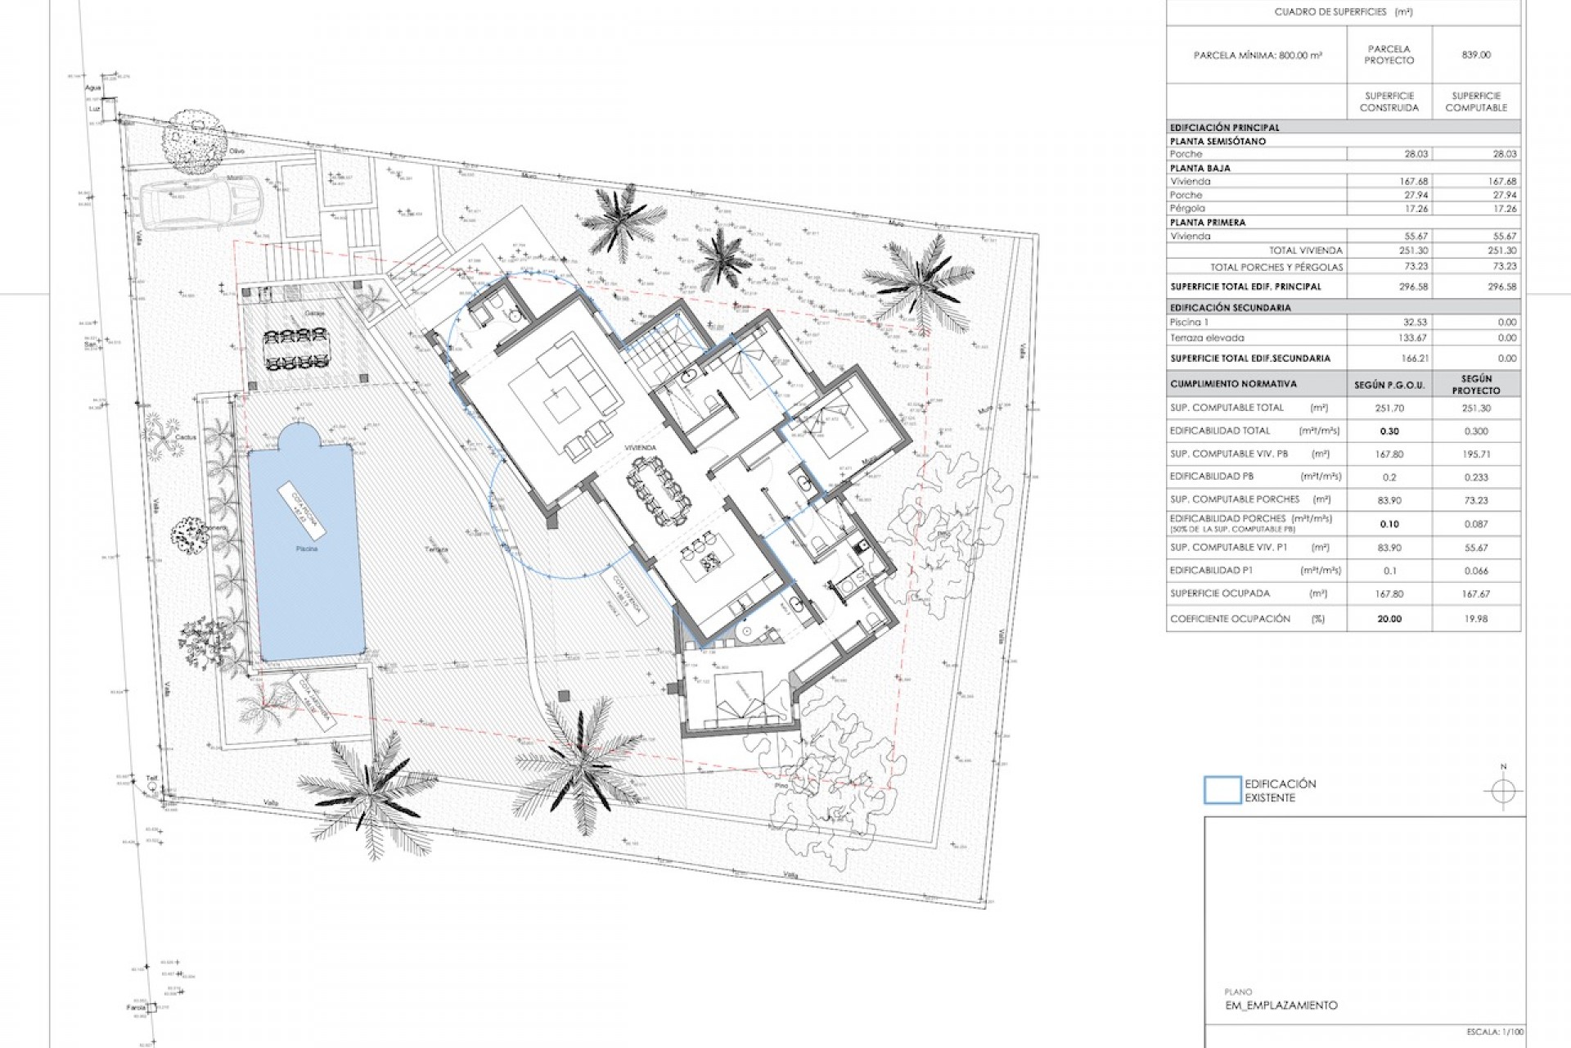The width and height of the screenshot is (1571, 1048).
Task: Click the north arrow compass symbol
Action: coord(1502,792)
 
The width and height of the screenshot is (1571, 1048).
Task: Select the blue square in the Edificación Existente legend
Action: coord(1222,790)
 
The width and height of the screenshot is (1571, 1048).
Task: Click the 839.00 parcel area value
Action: coord(1476,55)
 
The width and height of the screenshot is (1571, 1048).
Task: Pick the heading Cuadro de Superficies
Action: coord(1343,12)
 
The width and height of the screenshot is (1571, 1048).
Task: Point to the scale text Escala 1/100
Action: coord(1494,1032)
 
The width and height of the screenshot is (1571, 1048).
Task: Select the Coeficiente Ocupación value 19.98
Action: coord(1476,619)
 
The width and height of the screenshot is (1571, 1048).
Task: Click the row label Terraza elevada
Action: coord(1207,337)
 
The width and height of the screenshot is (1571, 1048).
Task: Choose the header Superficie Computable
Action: coord(1476,102)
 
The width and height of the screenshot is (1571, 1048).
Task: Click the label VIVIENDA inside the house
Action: coord(640,448)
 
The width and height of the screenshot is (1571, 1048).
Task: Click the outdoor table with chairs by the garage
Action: coord(295,350)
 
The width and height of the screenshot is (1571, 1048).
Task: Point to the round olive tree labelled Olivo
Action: coord(194,140)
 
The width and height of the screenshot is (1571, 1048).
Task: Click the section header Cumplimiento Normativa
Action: coord(1221,384)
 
